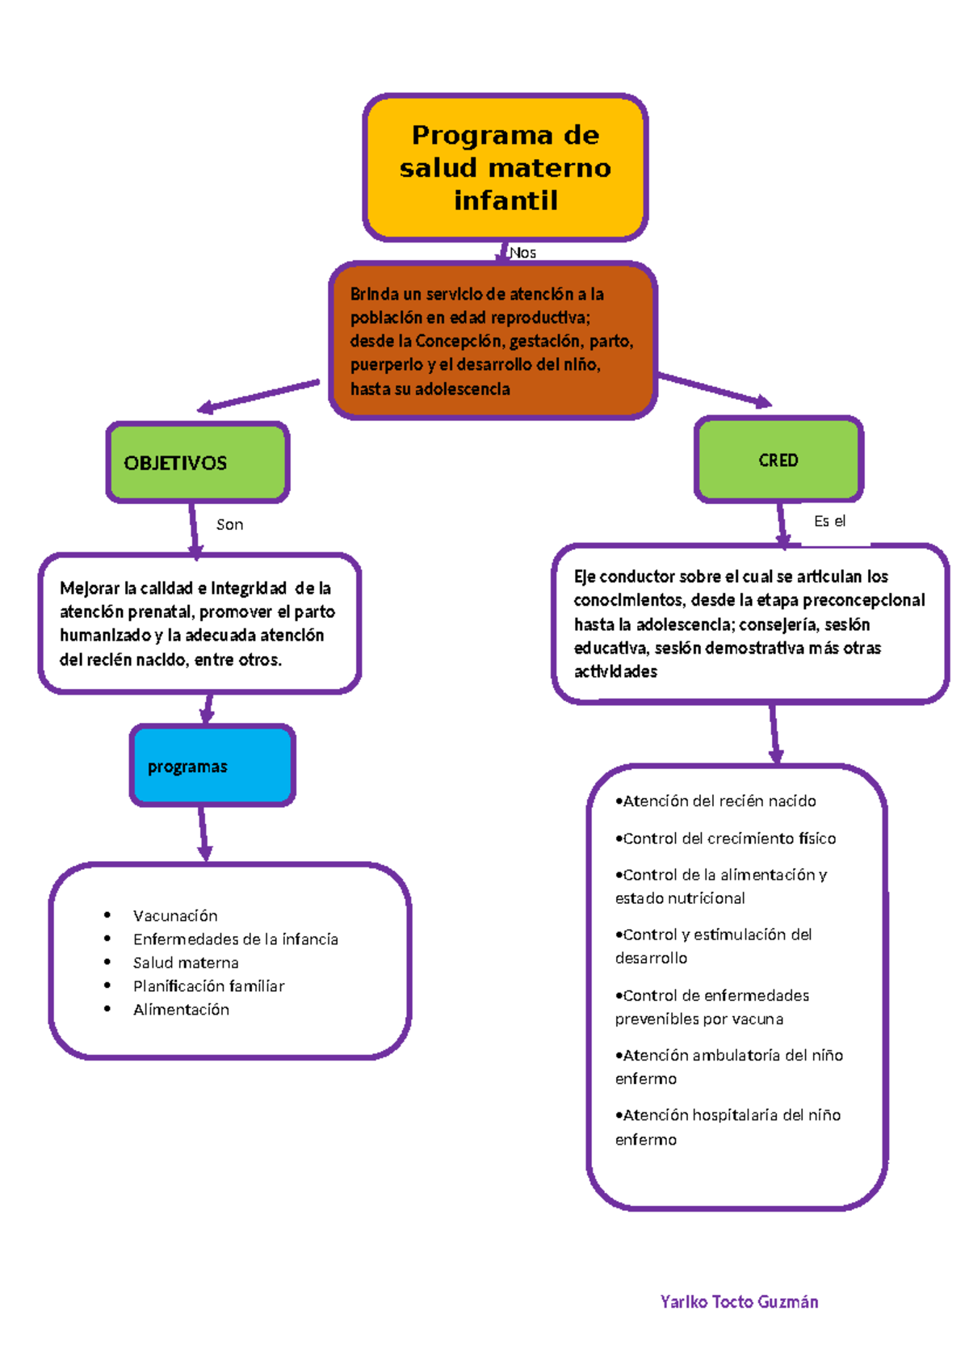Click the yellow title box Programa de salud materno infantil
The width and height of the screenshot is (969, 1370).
[x=505, y=167]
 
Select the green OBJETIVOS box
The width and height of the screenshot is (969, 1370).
[x=198, y=463]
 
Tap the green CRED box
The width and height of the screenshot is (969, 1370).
[x=778, y=460]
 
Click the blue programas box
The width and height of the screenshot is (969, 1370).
[x=212, y=766]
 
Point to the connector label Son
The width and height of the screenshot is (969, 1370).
[x=229, y=524]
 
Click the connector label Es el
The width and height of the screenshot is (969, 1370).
[x=829, y=521]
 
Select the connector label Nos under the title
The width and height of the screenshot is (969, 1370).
[x=523, y=253]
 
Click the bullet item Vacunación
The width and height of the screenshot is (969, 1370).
[x=175, y=915]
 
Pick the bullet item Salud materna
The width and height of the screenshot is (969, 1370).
[x=186, y=962]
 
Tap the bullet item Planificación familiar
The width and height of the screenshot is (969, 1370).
[x=208, y=985]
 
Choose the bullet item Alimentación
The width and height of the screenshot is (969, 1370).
[x=181, y=1009]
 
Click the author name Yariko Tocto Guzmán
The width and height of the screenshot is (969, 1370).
[x=739, y=1301]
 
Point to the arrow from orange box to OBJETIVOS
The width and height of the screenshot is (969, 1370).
[x=258, y=395]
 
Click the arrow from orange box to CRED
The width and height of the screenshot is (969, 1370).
[x=715, y=390]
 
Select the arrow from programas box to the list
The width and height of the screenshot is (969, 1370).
[x=203, y=834]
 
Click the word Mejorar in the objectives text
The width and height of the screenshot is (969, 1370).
[x=89, y=588]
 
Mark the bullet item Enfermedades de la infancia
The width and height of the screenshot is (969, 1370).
[x=235, y=939]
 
